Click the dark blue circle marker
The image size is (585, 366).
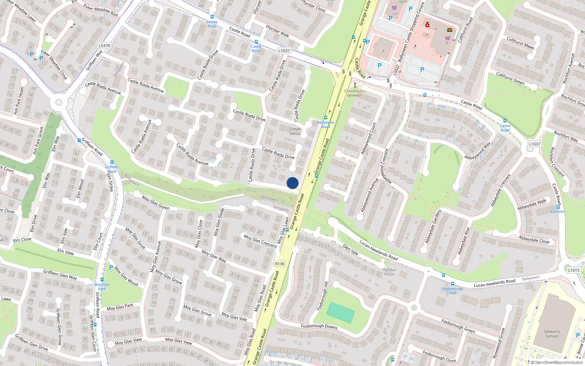coord(292,183)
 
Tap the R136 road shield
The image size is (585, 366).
coord(280,264)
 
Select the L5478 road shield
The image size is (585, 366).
coord(104,46)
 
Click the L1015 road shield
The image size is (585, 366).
coord(574,270)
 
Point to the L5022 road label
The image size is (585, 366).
coord(396,70)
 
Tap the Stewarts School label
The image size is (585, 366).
coord(552,334)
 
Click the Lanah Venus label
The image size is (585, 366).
coord(295,131)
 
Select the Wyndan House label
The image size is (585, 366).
coord(389,272)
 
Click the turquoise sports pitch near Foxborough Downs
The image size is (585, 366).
coord(340,312)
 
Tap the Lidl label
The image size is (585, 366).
coord(395,14)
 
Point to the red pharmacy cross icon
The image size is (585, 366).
coord(427,25)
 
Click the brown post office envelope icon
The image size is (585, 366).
coord(450,30)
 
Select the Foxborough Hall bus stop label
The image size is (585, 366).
coord(452,291)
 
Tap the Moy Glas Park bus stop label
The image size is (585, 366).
coord(102,287)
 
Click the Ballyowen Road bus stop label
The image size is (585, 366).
coord(325,124)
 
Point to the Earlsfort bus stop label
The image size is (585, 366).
coord(558,212)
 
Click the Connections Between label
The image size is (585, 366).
coord(355,93)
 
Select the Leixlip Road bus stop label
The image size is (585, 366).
coord(212,24)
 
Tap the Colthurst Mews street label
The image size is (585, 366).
coord(520,43)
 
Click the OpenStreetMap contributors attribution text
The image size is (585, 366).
coord(558,362)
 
